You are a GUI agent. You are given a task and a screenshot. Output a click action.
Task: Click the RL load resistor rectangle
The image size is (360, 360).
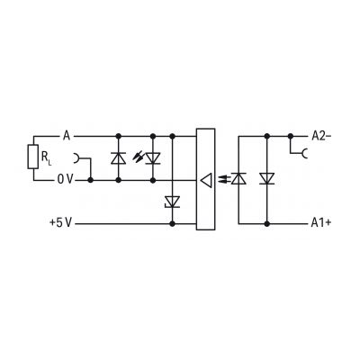(x=33, y=157)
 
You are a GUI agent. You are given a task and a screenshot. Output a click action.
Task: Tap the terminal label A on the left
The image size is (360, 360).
(x=67, y=136)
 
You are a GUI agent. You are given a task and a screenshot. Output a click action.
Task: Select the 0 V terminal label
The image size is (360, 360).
(x=65, y=179)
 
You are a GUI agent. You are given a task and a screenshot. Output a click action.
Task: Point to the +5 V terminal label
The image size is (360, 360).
(x=61, y=223)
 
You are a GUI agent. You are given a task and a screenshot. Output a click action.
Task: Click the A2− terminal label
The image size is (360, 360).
(x=321, y=136)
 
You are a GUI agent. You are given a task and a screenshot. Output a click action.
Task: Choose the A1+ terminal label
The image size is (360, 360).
(x=321, y=223)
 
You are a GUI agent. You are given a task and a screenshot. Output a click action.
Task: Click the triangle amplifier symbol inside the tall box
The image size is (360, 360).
(x=206, y=180)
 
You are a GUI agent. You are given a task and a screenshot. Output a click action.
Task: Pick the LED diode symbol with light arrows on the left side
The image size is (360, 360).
(x=153, y=158)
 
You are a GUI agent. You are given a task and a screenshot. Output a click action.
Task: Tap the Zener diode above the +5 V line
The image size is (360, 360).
(x=172, y=202)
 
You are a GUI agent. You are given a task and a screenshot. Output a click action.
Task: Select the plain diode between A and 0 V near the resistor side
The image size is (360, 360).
(x=119, y=158)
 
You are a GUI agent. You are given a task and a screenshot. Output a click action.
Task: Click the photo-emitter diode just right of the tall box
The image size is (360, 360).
(x=238, y=178)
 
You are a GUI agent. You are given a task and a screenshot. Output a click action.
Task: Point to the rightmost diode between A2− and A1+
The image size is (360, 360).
(x=266, y=178)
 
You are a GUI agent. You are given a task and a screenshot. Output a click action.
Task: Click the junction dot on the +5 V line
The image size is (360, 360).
(x=172, y=223)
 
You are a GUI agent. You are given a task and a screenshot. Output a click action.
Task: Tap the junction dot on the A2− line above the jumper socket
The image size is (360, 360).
(x=290, y=136)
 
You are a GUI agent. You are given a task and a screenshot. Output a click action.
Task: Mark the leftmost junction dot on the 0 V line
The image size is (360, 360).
(x=90, y=180)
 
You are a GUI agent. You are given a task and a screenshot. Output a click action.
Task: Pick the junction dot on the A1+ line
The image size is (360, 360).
(x=266, y=223)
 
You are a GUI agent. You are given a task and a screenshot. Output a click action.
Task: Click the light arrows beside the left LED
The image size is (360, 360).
(x=138, y=157)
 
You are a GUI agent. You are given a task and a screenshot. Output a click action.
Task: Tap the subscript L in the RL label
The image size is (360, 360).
(x=49, y=164)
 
